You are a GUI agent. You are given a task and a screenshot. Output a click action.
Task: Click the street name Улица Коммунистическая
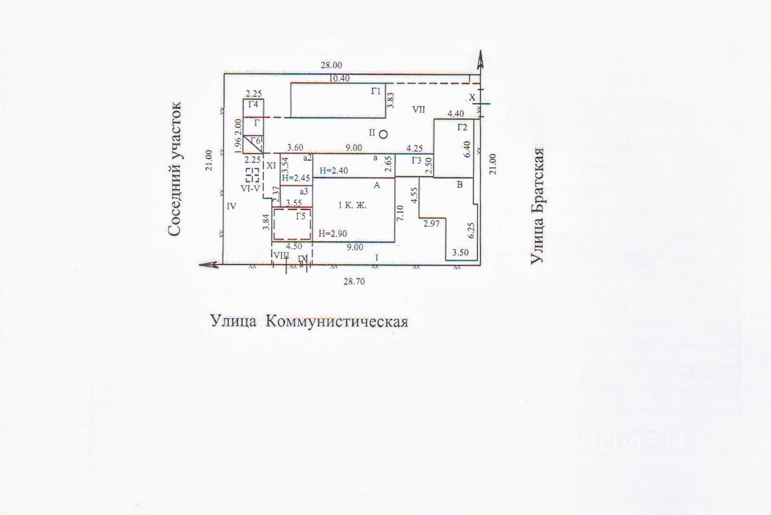coord(309,321)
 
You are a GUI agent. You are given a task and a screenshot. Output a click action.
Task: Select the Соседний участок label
coord(175,169)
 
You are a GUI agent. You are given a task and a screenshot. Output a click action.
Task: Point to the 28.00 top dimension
coord(331,65)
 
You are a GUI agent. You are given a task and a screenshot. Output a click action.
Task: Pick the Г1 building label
coord(376,91)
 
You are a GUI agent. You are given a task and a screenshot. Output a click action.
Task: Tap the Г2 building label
coord(463,127)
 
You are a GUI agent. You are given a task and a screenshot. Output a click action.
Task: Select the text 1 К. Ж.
coord(353,205)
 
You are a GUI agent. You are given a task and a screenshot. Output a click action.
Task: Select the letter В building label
coord(459,185)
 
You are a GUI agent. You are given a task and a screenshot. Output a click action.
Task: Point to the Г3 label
coord(416,160)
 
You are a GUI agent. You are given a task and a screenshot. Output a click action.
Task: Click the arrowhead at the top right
coord(481,58)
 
